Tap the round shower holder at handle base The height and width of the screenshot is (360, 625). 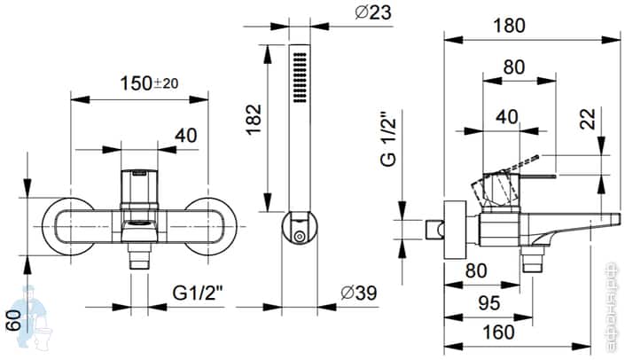tap(301, 229)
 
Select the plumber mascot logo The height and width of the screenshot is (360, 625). tap(34, 319)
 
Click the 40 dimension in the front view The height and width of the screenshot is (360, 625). tap(185, 136)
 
